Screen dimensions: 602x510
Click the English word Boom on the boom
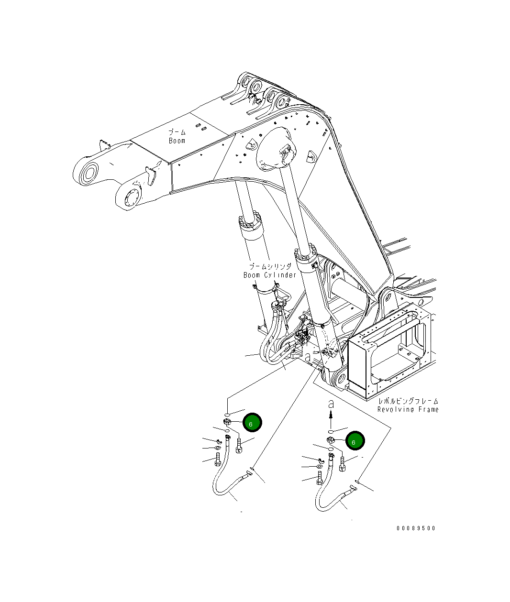pos(177,141)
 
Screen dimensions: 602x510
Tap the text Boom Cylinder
pos(270,275)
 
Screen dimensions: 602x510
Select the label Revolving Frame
pos(408,409)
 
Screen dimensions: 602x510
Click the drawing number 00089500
pos(416,528)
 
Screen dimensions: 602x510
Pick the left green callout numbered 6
pos(252,423)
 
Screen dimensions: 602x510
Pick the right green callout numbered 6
pos(355,441)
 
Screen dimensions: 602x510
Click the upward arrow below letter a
pos(330,421)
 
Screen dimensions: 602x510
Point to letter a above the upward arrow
pos(330,405)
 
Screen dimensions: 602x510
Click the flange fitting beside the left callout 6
pos(227,422)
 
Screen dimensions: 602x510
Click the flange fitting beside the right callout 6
pos(330,440)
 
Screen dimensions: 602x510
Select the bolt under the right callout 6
pos(342,464)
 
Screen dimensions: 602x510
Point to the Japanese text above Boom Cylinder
pos(269,266)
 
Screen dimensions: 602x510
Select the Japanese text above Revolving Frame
pos(408,401)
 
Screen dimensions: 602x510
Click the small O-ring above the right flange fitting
pos(330,431)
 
